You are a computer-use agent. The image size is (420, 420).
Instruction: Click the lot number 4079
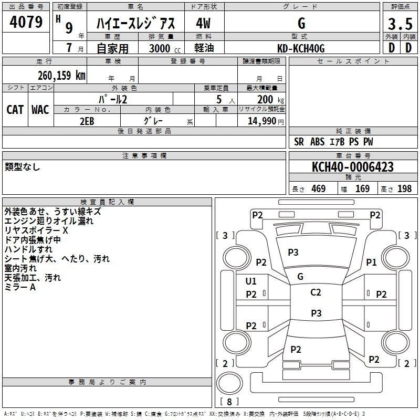[x=26, y=23]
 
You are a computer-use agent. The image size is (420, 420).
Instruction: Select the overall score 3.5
[x=400, y=25]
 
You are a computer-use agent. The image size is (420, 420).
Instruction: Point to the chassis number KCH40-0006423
[x=352, y=167]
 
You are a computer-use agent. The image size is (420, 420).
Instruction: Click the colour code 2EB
[x=87, y=120]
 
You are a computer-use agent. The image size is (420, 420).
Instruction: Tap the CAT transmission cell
[x=15, y=110]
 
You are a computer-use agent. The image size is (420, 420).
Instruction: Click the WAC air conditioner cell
[x=40, y=110]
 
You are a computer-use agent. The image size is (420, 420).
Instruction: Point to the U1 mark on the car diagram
[x=251, y=281]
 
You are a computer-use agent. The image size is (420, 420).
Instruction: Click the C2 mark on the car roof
[x=316, y=292]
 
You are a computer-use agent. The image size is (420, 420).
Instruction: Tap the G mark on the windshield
[x=300, y=276]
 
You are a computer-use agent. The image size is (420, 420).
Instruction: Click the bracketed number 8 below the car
[x=229, y=402]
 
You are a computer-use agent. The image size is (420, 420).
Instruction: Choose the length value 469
[x=318, y=189]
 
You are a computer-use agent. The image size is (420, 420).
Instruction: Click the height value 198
[x=405, y=189]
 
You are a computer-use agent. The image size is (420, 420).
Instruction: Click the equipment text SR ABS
[x=310, y=142]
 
